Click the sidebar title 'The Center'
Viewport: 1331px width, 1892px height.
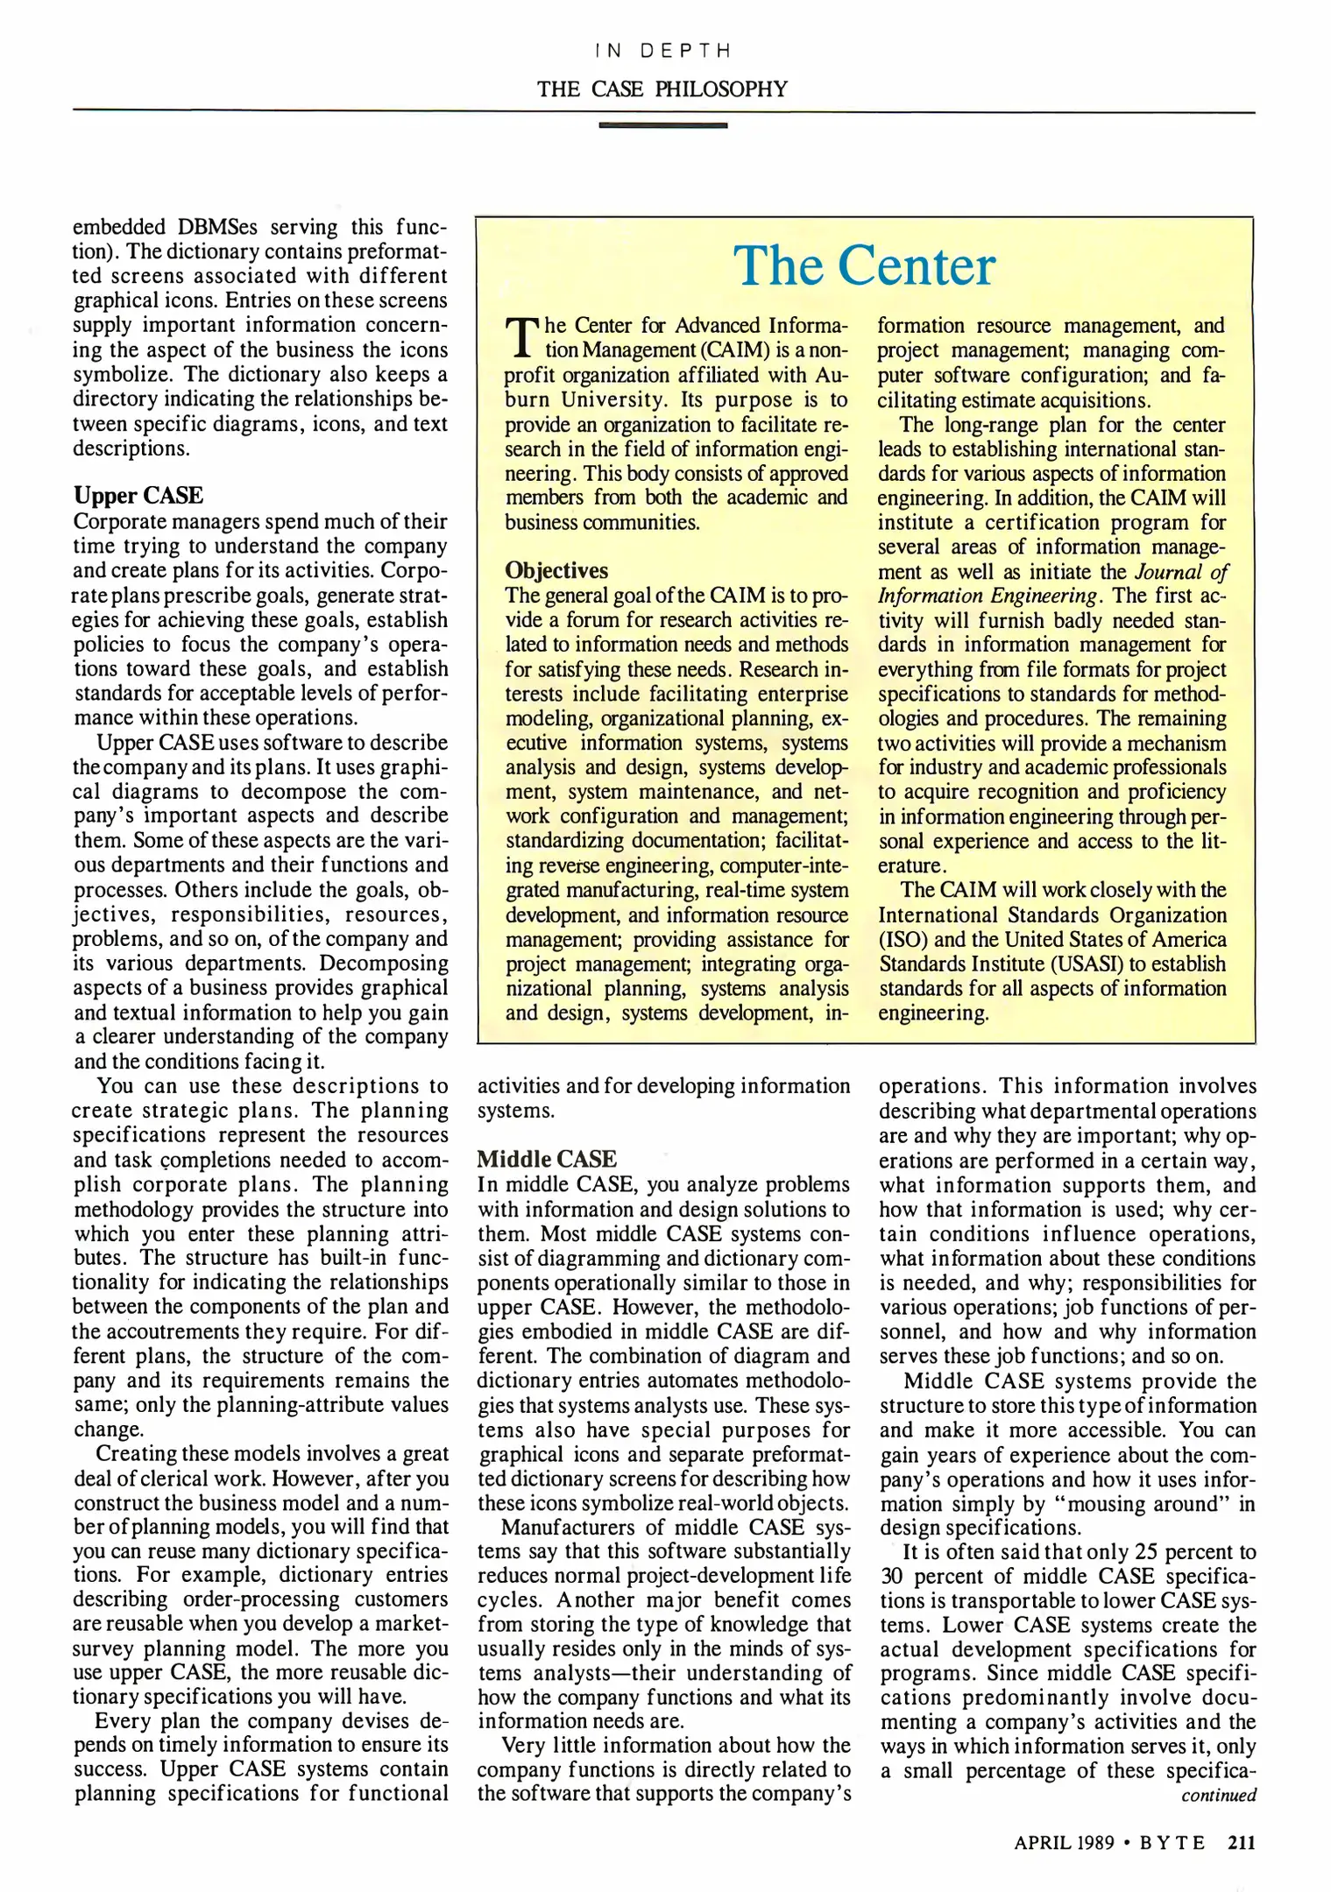click(x=864, y=266)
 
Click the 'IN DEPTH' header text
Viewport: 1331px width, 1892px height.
click(x=662, y=51)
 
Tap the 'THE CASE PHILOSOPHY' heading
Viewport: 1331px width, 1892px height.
click(x=662, y=88)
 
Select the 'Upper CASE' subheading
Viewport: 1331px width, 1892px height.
click(x=138, y=496)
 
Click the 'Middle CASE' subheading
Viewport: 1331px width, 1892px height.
click(x=547, y=1159)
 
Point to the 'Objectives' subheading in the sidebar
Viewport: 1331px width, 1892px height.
click(x=556, y=570)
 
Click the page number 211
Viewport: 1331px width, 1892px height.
click(x=1242, y=1842)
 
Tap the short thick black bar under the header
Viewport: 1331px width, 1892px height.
click(x=662, y=125)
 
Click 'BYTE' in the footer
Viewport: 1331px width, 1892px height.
click(x=1172, y=1842)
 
